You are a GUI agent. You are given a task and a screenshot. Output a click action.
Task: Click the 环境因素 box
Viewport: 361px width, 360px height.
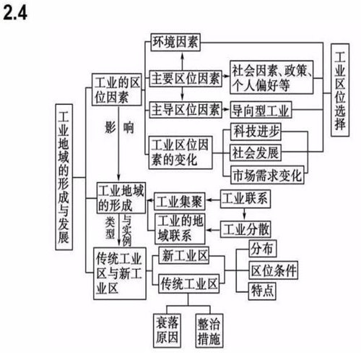(175, 42)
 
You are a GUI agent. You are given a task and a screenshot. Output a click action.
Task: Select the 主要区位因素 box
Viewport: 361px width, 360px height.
(186, 78)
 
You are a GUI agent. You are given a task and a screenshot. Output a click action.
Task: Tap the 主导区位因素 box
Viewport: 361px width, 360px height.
(186, 110)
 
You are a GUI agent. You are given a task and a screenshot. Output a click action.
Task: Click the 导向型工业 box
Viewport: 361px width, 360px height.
(261, 110)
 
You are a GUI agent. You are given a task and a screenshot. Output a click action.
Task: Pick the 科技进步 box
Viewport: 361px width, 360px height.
(256, 132)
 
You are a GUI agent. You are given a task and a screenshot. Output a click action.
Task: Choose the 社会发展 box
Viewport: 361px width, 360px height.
(256, 153)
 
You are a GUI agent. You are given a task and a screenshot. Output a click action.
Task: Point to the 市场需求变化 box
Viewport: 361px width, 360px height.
(267, 175)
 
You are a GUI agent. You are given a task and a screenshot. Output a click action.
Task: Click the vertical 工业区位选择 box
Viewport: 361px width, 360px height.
(340, 90)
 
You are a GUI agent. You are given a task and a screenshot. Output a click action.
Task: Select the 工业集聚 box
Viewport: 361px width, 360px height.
(180, 202)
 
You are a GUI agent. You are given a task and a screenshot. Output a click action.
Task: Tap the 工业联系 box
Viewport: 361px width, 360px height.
(245, 199)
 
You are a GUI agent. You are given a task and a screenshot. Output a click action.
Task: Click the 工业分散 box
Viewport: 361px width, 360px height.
(245, 229)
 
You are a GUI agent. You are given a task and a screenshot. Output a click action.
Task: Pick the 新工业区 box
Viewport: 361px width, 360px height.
(184, 255)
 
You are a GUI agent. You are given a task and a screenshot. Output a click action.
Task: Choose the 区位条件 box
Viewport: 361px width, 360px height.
(273, 270)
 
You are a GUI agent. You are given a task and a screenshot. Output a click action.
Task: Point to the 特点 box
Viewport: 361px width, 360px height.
(262, 291)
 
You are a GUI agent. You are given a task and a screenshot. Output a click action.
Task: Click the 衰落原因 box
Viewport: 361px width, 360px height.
(167, 330)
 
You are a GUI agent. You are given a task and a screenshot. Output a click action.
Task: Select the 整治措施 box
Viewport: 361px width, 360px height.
(209, 330)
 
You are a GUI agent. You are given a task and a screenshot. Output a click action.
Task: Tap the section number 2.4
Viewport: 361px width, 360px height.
(15, 13)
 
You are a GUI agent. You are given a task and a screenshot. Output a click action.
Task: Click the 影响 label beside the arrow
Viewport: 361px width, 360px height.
(119, 127)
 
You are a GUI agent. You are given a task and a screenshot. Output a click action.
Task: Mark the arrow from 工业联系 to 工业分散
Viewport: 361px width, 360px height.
(245, 214)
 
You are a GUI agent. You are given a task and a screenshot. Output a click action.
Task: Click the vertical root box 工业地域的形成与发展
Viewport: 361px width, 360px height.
(64, 177)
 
